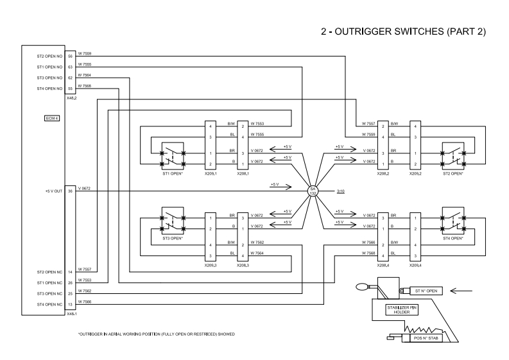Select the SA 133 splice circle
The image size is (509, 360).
pyautogui.click(x=313, y=191)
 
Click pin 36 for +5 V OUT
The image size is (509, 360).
pyautogui.click(x=71, y=191)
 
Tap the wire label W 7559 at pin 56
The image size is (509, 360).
pyautogui.click(x=84, y=53)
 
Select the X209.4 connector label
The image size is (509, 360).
pyautogui.click(x=416, y=264)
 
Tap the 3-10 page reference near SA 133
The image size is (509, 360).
pyautogui.click(x=340, y=191)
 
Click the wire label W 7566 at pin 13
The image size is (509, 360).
pyautogui.click(x=84, y=301)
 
